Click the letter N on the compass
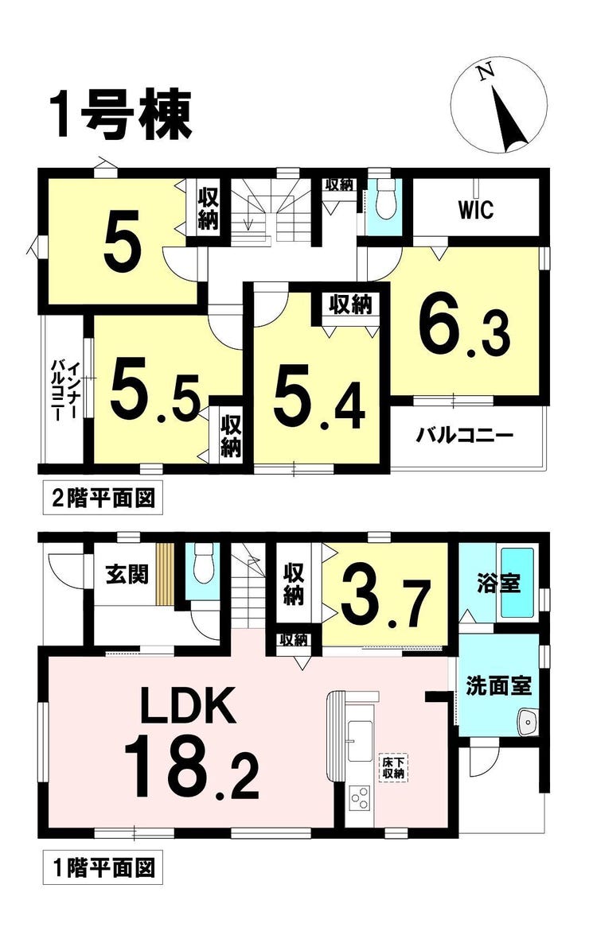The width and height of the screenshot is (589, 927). click(x=486, y=72)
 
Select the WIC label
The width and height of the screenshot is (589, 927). click(x=475, y=209)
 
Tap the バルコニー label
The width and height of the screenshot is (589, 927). click(x=464, y=437)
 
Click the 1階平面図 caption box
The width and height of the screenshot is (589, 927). click(x=99, y=868)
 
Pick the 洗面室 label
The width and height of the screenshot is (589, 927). click(x=498, y=685)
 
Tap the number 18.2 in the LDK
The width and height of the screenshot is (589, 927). click(x=192, y=766)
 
